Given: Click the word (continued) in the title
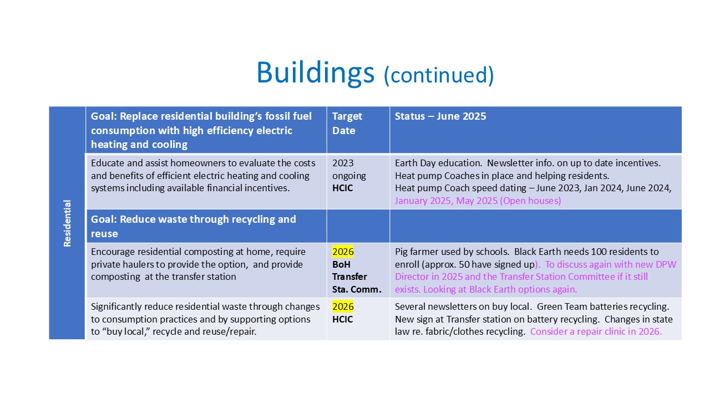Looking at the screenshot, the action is (439, 75).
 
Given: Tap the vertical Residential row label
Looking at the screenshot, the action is (67, 223).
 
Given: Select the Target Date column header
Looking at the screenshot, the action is (347, 124).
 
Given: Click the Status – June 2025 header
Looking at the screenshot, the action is (440, 116).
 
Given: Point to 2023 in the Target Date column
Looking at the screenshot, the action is (343, 163).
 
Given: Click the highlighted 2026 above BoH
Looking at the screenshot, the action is (343, 252).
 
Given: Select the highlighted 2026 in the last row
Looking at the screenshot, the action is (343, 306).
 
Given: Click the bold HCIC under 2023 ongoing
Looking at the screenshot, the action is (342, 188).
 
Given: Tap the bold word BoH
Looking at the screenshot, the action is (341, 264).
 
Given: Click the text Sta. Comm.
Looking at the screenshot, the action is (357, 289).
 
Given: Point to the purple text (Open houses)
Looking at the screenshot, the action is (530, 201).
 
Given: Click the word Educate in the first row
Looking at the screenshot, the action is (108, 163).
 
